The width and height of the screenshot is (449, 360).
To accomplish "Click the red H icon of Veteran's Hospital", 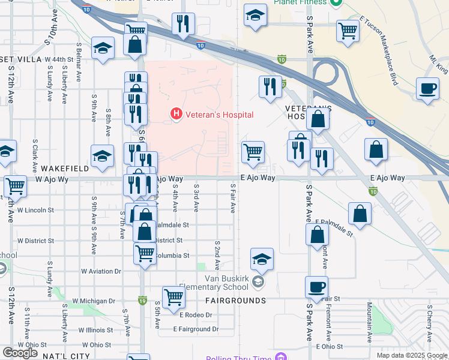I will pyautogui.click(x=176, y=113).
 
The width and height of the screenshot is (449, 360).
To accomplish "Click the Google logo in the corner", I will pyautogui.click(x=20, y=353).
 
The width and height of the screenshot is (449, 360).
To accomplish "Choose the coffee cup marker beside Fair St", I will pyautogui.click(x=316, y=287).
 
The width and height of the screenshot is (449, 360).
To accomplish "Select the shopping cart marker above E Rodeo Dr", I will pyautogui.click(x=173, y=296).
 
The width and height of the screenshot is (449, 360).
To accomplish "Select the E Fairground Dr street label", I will pyautogui.click(x=195, y=329).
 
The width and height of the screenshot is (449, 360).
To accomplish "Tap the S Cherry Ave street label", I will pyautogui.click(x=429, y=323).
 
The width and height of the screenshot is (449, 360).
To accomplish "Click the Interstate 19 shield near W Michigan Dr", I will pyautogui.click(x=142, y=299).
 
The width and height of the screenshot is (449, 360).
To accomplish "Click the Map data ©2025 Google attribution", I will pyautogui.click(x=411, y=355).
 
